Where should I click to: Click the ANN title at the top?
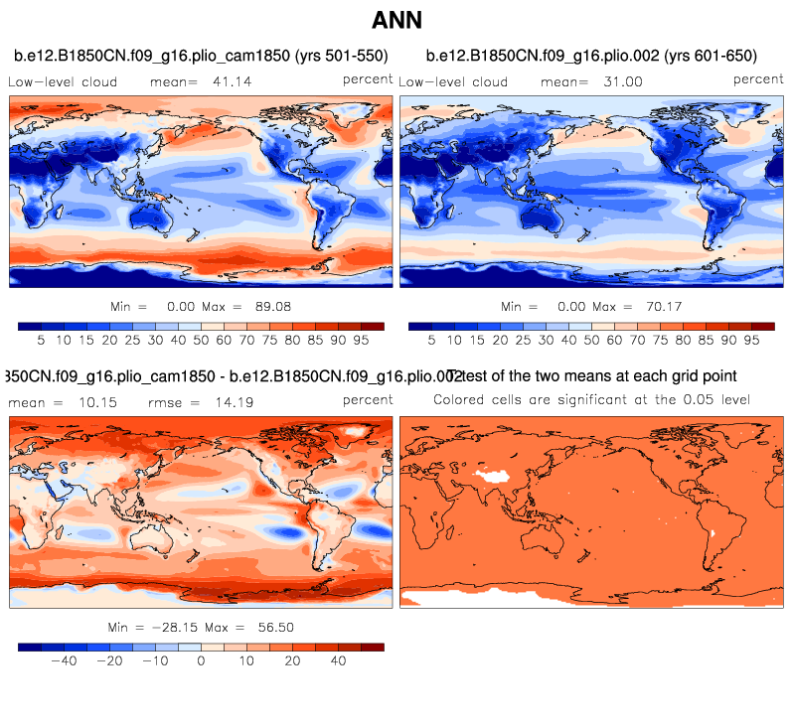point(396,20)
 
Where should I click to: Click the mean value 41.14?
point(232,82)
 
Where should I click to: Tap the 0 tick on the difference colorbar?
point(202,659)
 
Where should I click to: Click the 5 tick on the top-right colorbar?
point(431,339)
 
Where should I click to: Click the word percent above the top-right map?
point(758,79)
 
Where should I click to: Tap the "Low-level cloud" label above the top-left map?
point(63,82)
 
